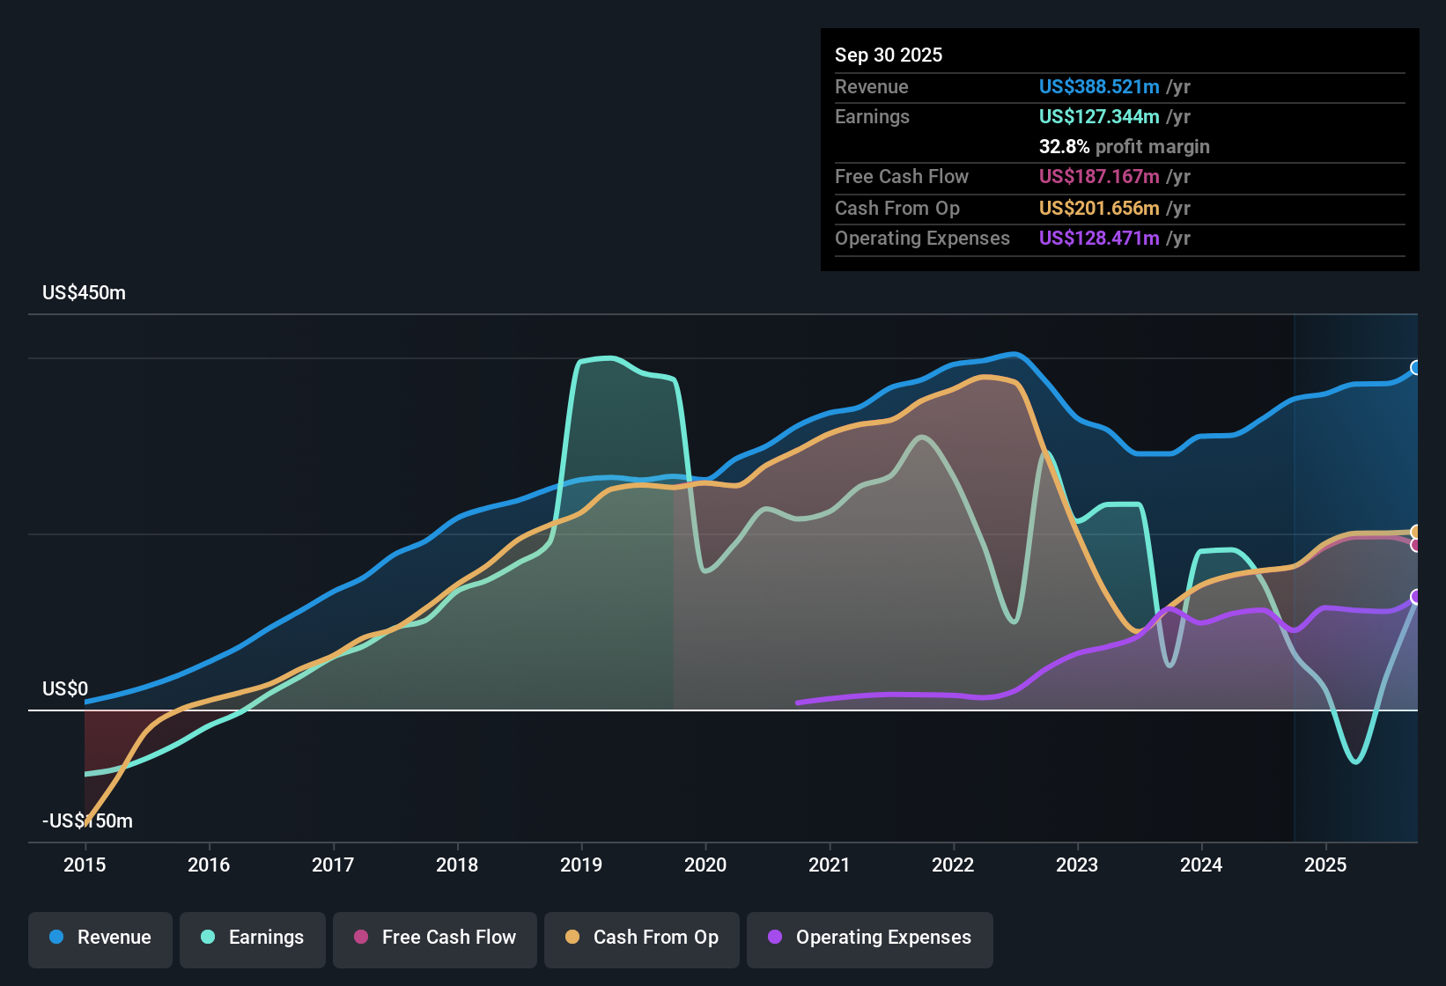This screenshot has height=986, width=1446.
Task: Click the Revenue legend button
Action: (x=100, y=938)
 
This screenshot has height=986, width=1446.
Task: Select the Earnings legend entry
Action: (x=253, y=938)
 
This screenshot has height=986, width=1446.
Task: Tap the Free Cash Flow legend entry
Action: (x=435, y=938)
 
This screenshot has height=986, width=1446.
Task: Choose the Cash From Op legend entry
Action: (x=642, y=938)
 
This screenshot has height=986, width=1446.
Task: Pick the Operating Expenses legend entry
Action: (x=870, y=938)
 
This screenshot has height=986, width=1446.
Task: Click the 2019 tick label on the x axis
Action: (x=581, y=865)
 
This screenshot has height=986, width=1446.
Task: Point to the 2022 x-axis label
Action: (x=953, y=865)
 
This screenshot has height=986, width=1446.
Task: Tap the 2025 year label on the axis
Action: (x=1325, y=865)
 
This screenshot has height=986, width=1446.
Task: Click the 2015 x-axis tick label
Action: (x=85, y=865)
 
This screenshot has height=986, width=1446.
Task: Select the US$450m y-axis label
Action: (x=84, y=292)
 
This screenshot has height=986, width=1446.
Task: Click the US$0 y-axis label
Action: (x=65, y=688)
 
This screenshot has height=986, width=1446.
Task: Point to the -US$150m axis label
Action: (x=87, y=820)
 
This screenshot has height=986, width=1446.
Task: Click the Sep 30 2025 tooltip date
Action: (x=888, y=55)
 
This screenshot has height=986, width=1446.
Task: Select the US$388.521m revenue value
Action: (x=1098, y=86)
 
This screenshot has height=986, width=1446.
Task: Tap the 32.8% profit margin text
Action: (x=1124, y=146)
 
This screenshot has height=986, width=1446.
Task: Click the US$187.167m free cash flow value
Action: (x=1098, y=176)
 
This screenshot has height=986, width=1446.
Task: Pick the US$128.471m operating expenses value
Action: (x=1098, y=238)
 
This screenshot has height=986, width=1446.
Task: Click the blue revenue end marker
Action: (x=1416, y=367)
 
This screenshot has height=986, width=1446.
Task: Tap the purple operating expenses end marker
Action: (x=1416, y=597)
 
